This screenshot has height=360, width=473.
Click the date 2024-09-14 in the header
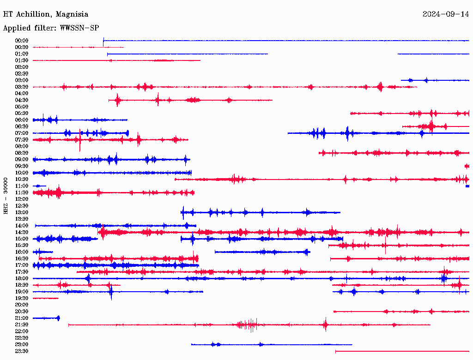(445, 14)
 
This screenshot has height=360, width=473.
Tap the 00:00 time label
(22, 41)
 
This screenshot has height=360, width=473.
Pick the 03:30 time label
(22, 87)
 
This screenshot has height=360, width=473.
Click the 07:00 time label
(22, 133)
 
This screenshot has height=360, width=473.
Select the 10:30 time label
(22, 179)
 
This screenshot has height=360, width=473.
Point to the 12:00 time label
(22, 199)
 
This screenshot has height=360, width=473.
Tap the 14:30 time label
(22, 232)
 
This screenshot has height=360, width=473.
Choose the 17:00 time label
(22, 265)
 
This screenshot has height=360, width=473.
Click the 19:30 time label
(22, 298)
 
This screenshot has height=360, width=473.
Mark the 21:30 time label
(22, 324)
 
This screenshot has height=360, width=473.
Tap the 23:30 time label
(22, 351)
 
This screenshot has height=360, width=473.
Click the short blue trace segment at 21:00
(46, 318)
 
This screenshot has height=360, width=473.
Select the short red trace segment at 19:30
(45, 298)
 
